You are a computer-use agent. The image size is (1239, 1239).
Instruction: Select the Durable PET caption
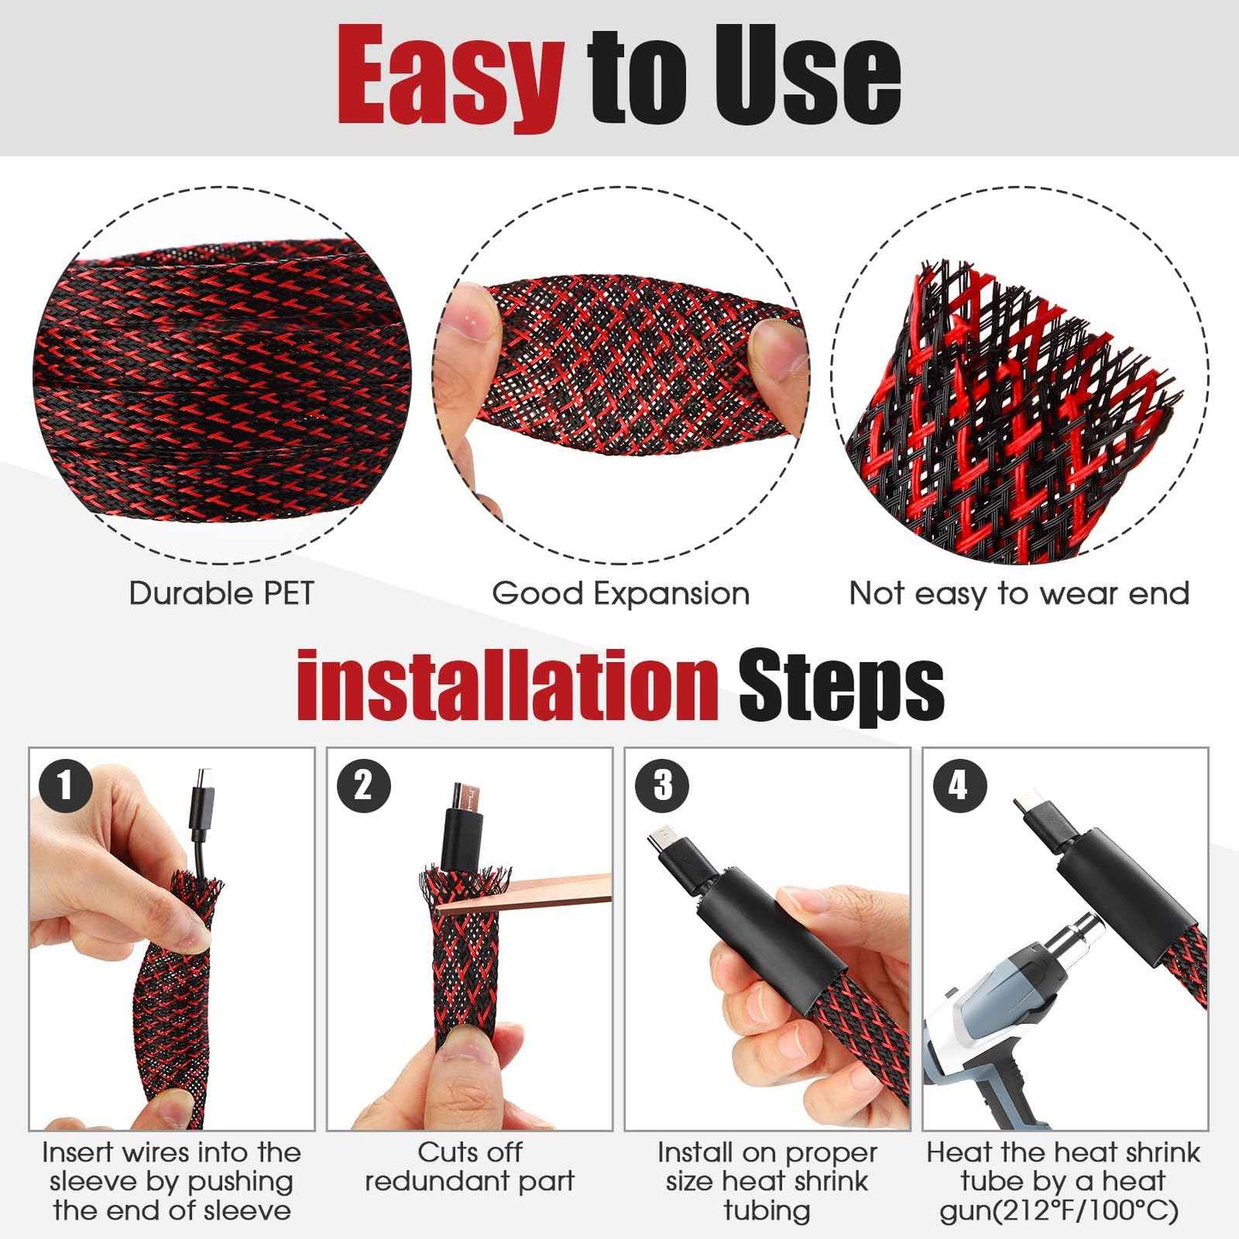tap(221, 593)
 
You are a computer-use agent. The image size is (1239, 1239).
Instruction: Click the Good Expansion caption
tap(620, 593)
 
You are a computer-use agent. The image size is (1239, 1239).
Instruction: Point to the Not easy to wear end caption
tap(1019, 593)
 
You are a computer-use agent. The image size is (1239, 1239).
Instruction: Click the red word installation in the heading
tap(507, 687)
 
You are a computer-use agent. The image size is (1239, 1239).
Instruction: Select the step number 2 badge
tap(364, 785)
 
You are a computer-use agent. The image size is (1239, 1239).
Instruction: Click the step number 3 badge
tap(662, 785)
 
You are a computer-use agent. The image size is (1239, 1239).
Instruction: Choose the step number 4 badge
tap(959, 785)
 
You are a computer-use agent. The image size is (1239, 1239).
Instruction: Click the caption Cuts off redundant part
tap(469, 1167)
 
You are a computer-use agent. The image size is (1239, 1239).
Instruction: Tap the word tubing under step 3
tap(767, 1211)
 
